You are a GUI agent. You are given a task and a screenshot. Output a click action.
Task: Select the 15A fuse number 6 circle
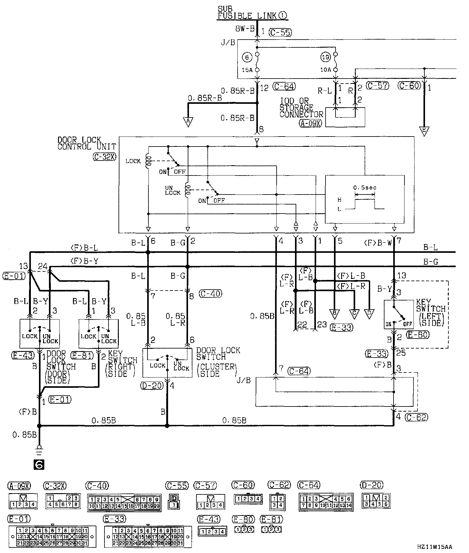247,57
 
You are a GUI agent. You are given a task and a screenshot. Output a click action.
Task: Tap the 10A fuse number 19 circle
325,57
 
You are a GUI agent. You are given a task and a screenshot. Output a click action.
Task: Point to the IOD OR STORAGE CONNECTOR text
301,108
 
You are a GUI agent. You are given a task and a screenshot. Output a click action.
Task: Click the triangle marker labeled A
188,122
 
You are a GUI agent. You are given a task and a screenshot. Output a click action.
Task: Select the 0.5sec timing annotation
365,188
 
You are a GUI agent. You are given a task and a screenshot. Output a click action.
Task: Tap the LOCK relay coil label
133,161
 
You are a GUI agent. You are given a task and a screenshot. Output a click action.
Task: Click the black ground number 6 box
39,464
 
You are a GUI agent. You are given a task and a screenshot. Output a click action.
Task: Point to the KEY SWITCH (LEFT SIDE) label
431,313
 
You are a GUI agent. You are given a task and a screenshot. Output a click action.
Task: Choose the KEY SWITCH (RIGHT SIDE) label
122,364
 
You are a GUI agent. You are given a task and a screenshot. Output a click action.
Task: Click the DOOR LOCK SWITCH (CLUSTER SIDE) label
218,362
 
